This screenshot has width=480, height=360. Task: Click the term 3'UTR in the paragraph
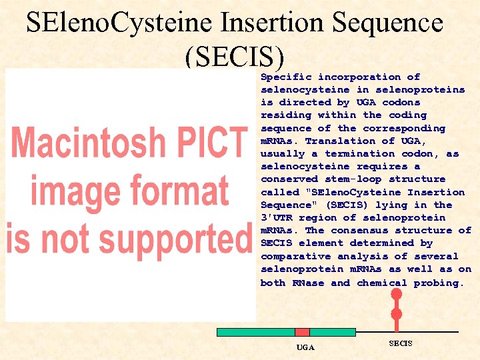pos(276,217)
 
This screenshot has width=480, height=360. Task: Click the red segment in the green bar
pos(302,332)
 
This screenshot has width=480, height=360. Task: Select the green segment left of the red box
pos(256,332)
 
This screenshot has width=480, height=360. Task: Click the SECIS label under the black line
pos(401,343)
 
